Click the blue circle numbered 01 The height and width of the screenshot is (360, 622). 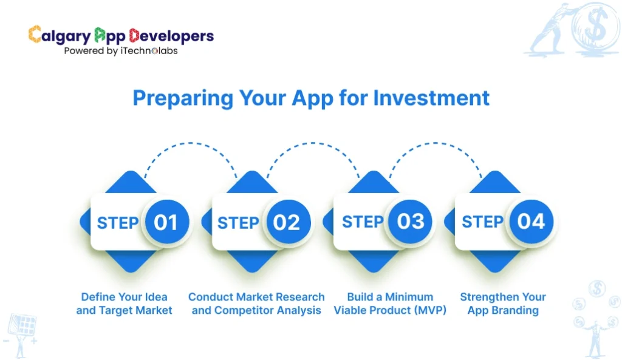coord(165,222)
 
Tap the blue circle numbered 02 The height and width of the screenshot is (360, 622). coord(287,222)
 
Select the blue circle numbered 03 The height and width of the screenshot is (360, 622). coord(410,222)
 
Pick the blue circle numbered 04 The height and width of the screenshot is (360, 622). coord(531,222)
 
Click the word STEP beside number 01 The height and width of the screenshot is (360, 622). coord(118,223)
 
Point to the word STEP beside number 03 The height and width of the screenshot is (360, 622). coord(363,222)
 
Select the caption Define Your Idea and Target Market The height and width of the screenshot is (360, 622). coord(124,304)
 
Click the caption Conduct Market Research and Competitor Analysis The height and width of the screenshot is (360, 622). coord(256,304)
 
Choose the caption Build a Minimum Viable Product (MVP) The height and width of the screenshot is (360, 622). coord(390,304)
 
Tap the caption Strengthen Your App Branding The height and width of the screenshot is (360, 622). coord(503,304)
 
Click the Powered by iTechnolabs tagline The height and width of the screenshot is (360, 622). coord(121,51)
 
